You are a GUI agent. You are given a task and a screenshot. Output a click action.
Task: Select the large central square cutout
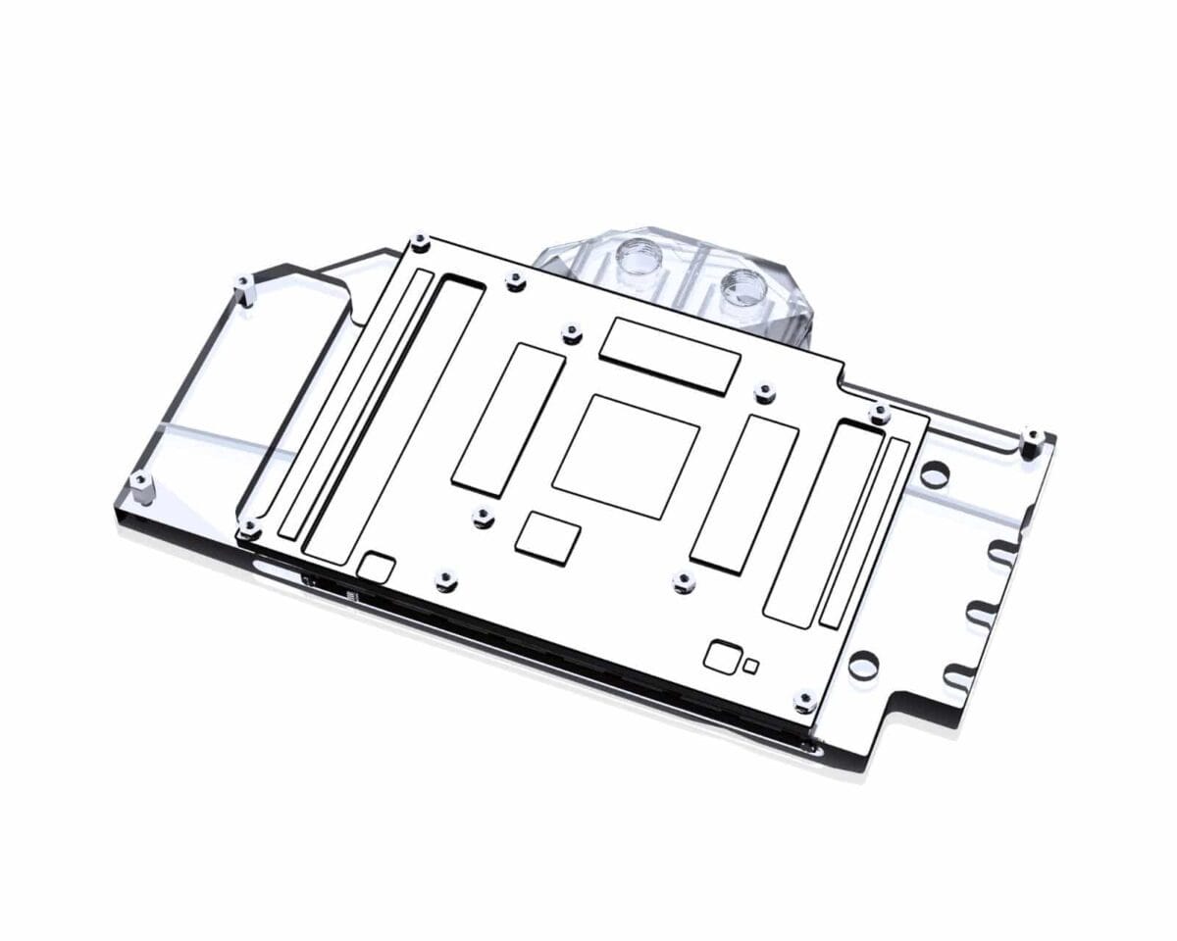click(626, 456)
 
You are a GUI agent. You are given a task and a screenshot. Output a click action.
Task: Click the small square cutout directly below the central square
click(548, 537)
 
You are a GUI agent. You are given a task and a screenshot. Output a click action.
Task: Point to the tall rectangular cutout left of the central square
click(508, 420)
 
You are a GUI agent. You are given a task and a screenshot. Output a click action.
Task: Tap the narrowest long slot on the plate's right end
click(864, 534)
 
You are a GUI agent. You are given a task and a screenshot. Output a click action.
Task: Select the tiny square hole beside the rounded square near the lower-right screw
click(751, 667)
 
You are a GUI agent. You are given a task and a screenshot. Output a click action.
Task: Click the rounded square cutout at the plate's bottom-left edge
click(378, 568)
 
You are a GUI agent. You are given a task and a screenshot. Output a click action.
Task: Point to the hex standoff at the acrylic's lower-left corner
click(141, 483)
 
